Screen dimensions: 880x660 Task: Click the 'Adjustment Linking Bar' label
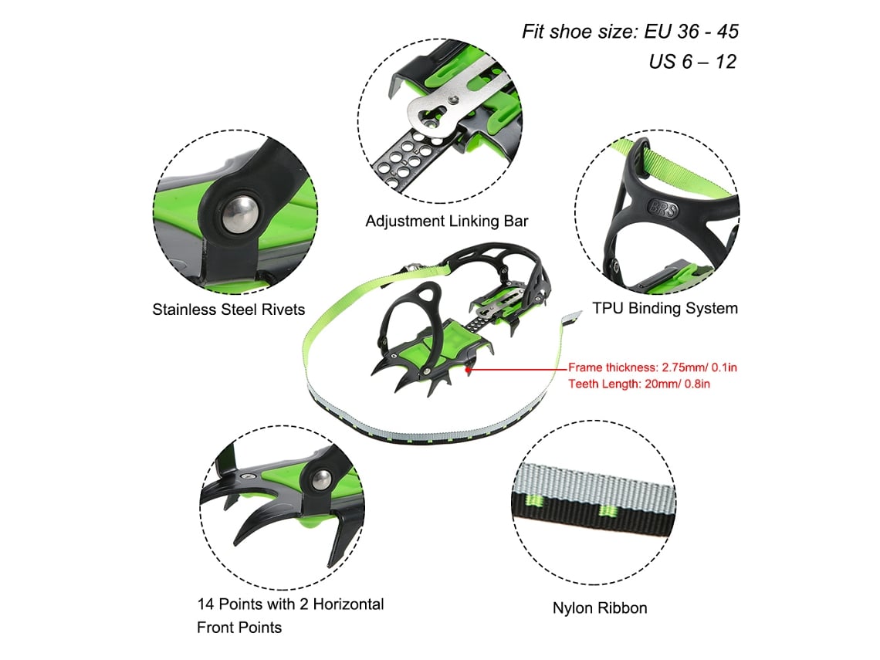[447, 221]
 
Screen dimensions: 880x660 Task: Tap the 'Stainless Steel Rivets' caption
[228, 310]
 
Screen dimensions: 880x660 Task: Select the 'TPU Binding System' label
[665, 308]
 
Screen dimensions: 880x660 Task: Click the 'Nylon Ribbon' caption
[600, 608]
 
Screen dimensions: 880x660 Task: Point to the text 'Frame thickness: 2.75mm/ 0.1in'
[652, 367]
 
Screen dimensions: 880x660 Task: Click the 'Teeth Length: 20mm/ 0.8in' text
[638, 384]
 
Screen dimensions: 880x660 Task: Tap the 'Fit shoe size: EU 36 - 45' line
[630, 32]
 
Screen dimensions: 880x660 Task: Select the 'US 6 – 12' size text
[692, 61]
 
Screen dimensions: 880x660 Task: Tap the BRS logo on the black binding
[663, 208]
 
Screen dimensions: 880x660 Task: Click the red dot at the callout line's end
[468, 370]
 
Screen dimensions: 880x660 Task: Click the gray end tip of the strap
[573, 318]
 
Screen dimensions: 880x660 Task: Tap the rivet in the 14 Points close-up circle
[321, 480]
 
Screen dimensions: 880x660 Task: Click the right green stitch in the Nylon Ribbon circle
[608, 511]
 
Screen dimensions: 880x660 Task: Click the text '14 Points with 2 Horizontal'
[290, 604]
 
